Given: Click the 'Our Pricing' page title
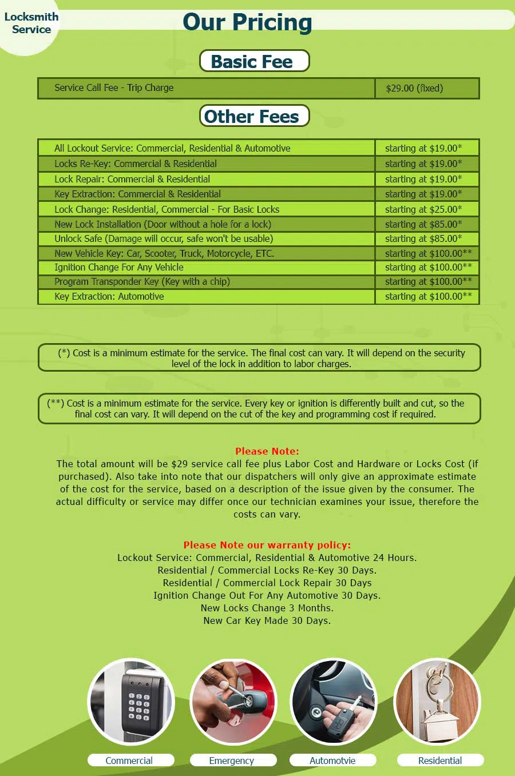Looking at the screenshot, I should click(x=247, y=22).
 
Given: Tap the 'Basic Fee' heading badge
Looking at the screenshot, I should click(x=254, y=61).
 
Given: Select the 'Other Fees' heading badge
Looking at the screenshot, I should click(x=254, y=116).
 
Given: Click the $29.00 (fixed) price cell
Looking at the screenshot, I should click(x=414, y=88).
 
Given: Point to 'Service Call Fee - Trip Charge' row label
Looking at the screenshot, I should click(x=114, y=87).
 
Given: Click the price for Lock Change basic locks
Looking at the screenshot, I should click(x=423, y=209).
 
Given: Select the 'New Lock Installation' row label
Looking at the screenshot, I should click(x=163, y=224).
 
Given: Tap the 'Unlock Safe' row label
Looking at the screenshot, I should click(x=164, y=238).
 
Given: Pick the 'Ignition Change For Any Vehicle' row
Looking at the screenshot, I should click(x=119, y=267).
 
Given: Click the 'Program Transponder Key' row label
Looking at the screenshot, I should click(x=142, y=281).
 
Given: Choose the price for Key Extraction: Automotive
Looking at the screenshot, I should click(x=428, y=296).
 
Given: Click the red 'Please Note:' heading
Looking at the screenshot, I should click(x=267, y=451).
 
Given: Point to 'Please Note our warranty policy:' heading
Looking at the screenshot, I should click(x=267, y=545).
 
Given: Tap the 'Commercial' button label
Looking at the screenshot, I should click(x=129, y=761).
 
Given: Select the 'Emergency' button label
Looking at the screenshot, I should click(x=232, y=761).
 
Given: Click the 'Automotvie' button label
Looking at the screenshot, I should click(x=332, y=761).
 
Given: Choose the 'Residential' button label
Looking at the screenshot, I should click(x=440, y=761).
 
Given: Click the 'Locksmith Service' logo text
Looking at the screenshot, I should click(x=31, y=23).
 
